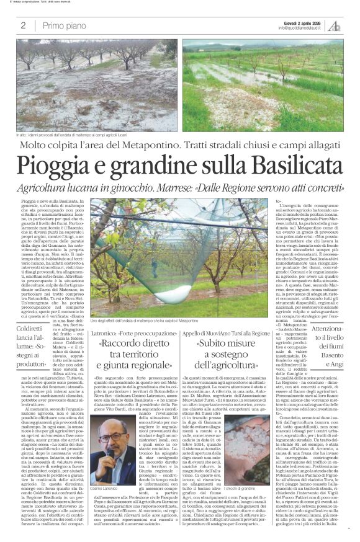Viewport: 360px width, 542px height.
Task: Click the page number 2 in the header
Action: [x=23, y=25]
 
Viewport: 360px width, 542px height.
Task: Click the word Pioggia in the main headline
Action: [x=51, y=166]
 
